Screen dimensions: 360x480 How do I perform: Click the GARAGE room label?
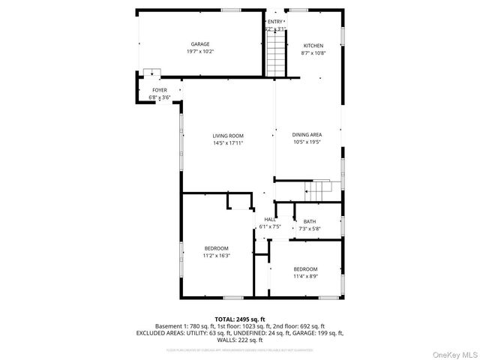pos(199,44)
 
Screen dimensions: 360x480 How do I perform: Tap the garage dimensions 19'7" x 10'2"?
pos(199,52)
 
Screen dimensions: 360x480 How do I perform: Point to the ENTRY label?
pos(275,22)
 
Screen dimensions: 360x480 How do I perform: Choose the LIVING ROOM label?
pos(228,136)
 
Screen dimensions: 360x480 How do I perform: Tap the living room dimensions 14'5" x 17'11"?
pos(228,142)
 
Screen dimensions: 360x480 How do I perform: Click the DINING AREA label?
pos(307,134)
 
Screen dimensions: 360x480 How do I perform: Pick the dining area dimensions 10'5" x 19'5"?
pos(307,142)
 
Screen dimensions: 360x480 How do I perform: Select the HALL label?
pos(269,219)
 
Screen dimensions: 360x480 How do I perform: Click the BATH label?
pos(310,221)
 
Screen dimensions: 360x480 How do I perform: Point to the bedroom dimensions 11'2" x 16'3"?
pos(216,256)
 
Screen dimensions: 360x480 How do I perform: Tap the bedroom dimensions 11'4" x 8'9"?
pos(305,277)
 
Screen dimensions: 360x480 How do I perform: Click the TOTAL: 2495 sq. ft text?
pos(240,319)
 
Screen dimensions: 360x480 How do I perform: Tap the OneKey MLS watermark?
pos(452,353)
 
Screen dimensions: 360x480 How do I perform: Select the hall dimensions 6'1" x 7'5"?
pos(269,226)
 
